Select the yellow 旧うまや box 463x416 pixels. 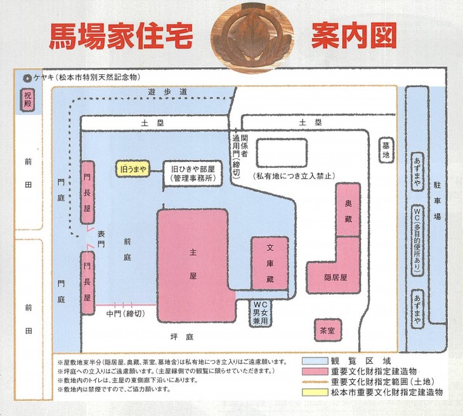[x=133, y=169]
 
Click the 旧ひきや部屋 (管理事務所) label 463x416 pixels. [x=194, y=174]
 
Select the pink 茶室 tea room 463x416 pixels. [x=329, y=330]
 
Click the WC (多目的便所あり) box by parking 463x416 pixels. [x=417, y=239]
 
